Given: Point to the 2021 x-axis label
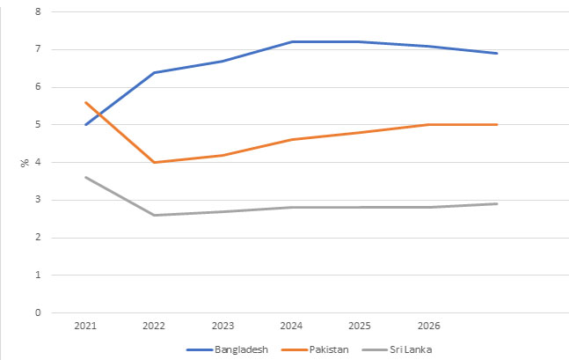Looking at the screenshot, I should click(85, 327).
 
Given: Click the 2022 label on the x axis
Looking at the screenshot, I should click(155, 327).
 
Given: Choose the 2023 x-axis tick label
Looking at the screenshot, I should click(223, 327).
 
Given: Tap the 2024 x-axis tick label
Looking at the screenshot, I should click(292, 327).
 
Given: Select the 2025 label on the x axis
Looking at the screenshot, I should click(361, 327).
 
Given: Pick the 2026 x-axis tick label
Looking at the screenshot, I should click(429, 327).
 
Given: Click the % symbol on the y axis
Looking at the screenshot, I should click(26, 162).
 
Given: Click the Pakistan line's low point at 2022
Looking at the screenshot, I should click(155, 162).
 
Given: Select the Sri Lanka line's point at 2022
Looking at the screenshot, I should click(155, 215).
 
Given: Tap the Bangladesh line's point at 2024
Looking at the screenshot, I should click(292, 41).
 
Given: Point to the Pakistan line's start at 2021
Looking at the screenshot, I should click(85, 102).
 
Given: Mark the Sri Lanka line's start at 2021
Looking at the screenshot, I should click(85, 177).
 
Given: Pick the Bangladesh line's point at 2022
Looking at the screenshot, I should click(155, 72).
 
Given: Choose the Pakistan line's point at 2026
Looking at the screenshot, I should click(429, 125).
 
